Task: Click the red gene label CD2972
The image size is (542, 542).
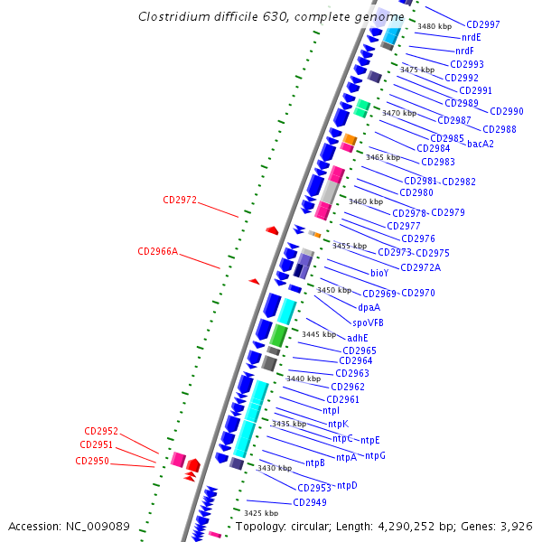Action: (x=180, y=200)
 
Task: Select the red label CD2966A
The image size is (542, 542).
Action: (x=157, y=251)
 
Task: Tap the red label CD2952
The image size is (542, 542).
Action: (x=101, y=431)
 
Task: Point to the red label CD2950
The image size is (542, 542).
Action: (x=92, y=461)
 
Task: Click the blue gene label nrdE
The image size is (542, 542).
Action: (x=472, y=37)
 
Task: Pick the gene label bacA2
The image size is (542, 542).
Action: (x=481, y=144)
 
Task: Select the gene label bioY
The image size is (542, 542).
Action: (x=379, y=272)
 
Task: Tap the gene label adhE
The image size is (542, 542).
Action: (x=358, y=338)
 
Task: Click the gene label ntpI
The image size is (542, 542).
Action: (x=306, y=411)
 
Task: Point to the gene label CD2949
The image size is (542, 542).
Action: (x=310, y=502)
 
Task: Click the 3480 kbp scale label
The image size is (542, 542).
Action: (x=435, y=26)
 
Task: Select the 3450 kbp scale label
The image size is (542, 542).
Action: (x=333, y=290)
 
